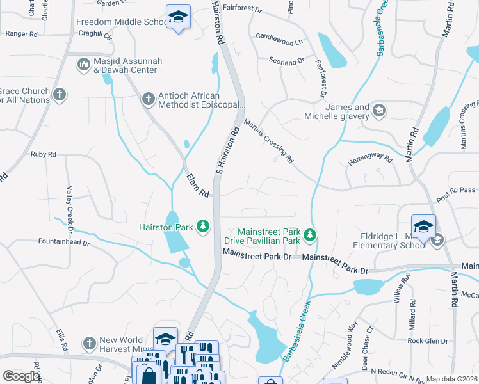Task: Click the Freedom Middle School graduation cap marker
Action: coord(178,17)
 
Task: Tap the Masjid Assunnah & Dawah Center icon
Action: coord(83,64)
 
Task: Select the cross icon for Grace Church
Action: coord(60,95)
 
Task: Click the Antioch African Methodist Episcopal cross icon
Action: coord(148,99)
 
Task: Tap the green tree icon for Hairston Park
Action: coord(203,227)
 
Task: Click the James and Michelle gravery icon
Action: coord(379,111)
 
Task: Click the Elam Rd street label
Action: coord(197,186)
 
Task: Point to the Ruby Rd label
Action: coord(44,154)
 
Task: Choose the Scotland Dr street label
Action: coord(286,61)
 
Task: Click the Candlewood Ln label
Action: coord(279,40)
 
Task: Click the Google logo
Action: coord(21,376)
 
